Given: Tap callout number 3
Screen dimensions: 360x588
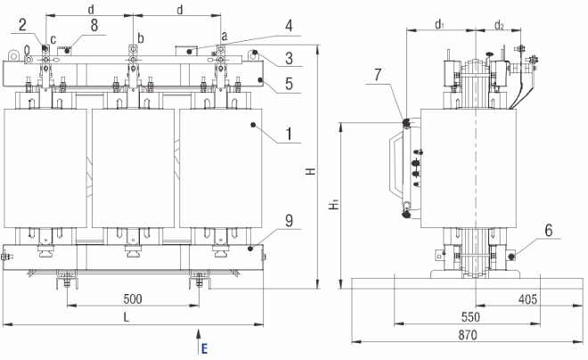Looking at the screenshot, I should [292, 60].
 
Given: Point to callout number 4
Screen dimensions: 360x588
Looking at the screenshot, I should [289, 26].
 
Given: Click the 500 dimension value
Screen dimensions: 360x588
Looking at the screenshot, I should [134, 299].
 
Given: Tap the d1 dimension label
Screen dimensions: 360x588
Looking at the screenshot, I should [439, 25].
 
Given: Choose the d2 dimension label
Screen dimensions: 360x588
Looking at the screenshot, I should [499, 25].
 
